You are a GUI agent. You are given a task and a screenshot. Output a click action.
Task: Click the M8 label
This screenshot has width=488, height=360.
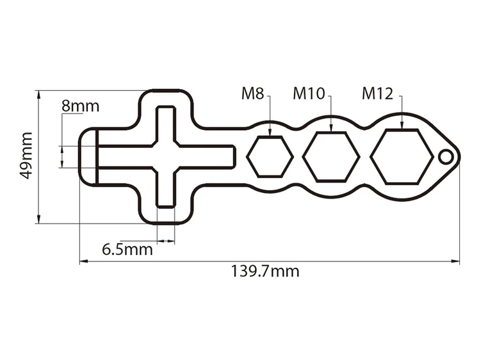coord(252,94)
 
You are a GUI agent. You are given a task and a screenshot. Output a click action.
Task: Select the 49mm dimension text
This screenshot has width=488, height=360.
coord(26,156)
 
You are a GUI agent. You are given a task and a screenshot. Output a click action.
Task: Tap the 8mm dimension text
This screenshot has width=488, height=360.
coord(80,106)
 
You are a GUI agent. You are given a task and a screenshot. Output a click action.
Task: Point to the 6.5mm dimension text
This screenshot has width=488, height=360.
coord(127,249)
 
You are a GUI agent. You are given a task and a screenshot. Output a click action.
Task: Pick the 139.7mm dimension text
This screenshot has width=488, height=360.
coord(264,271)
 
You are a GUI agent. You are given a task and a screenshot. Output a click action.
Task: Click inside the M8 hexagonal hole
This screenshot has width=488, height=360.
coord(270,156)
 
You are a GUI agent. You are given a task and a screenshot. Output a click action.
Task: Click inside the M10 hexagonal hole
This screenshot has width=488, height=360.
coord(331,156)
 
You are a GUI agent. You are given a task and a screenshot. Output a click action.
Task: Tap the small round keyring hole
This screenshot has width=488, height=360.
coord(445,156)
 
